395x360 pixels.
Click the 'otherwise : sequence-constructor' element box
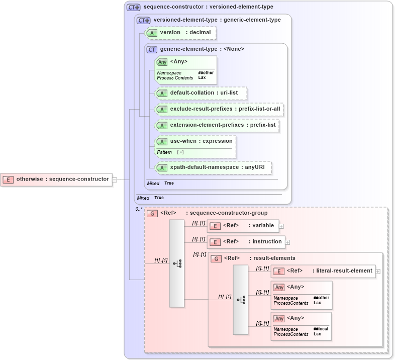(x=56, y=179)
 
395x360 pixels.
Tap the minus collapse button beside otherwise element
(x=115, y=179)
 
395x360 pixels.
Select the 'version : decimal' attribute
(x=181, y=33)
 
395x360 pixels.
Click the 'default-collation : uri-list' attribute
(x=202, y=93)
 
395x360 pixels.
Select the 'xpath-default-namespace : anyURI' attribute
(x=214, y=167)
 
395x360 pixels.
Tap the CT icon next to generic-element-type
(x=152, y=49)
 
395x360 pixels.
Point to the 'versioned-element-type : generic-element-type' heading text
(x=217, y=20)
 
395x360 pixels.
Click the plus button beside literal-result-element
(x=378, y=271)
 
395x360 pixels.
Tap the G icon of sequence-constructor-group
(x=152, y=213)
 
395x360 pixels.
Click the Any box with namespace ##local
(x=301, y=326)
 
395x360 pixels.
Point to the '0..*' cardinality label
(x=139, y=209)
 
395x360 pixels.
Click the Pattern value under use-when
(x=180, y=152)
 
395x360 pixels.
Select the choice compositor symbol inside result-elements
(x=241, y=300)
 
